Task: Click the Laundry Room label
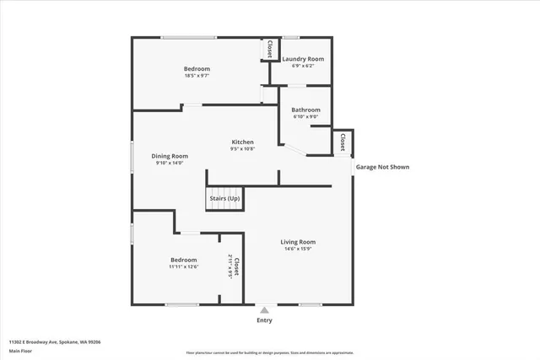click(303, 59)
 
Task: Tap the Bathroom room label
click(305, 110)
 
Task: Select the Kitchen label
click(243, 142)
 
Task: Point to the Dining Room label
click(170, 156)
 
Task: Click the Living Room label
click(298, 242)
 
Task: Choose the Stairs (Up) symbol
click(224, 198)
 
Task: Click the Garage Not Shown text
click(382, 167)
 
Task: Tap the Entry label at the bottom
click(265, 320)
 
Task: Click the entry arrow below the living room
click(265, 309)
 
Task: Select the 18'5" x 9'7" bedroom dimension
click(197, 76)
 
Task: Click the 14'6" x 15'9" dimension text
click(298, 249)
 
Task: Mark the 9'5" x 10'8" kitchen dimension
click(243, 149)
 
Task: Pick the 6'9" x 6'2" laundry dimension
click(303, 66)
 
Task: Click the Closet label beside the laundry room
click(269, 50)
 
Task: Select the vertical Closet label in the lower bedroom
click(237, 266)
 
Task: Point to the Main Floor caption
click(20, 351)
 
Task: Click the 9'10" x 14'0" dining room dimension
click(170, 163)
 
